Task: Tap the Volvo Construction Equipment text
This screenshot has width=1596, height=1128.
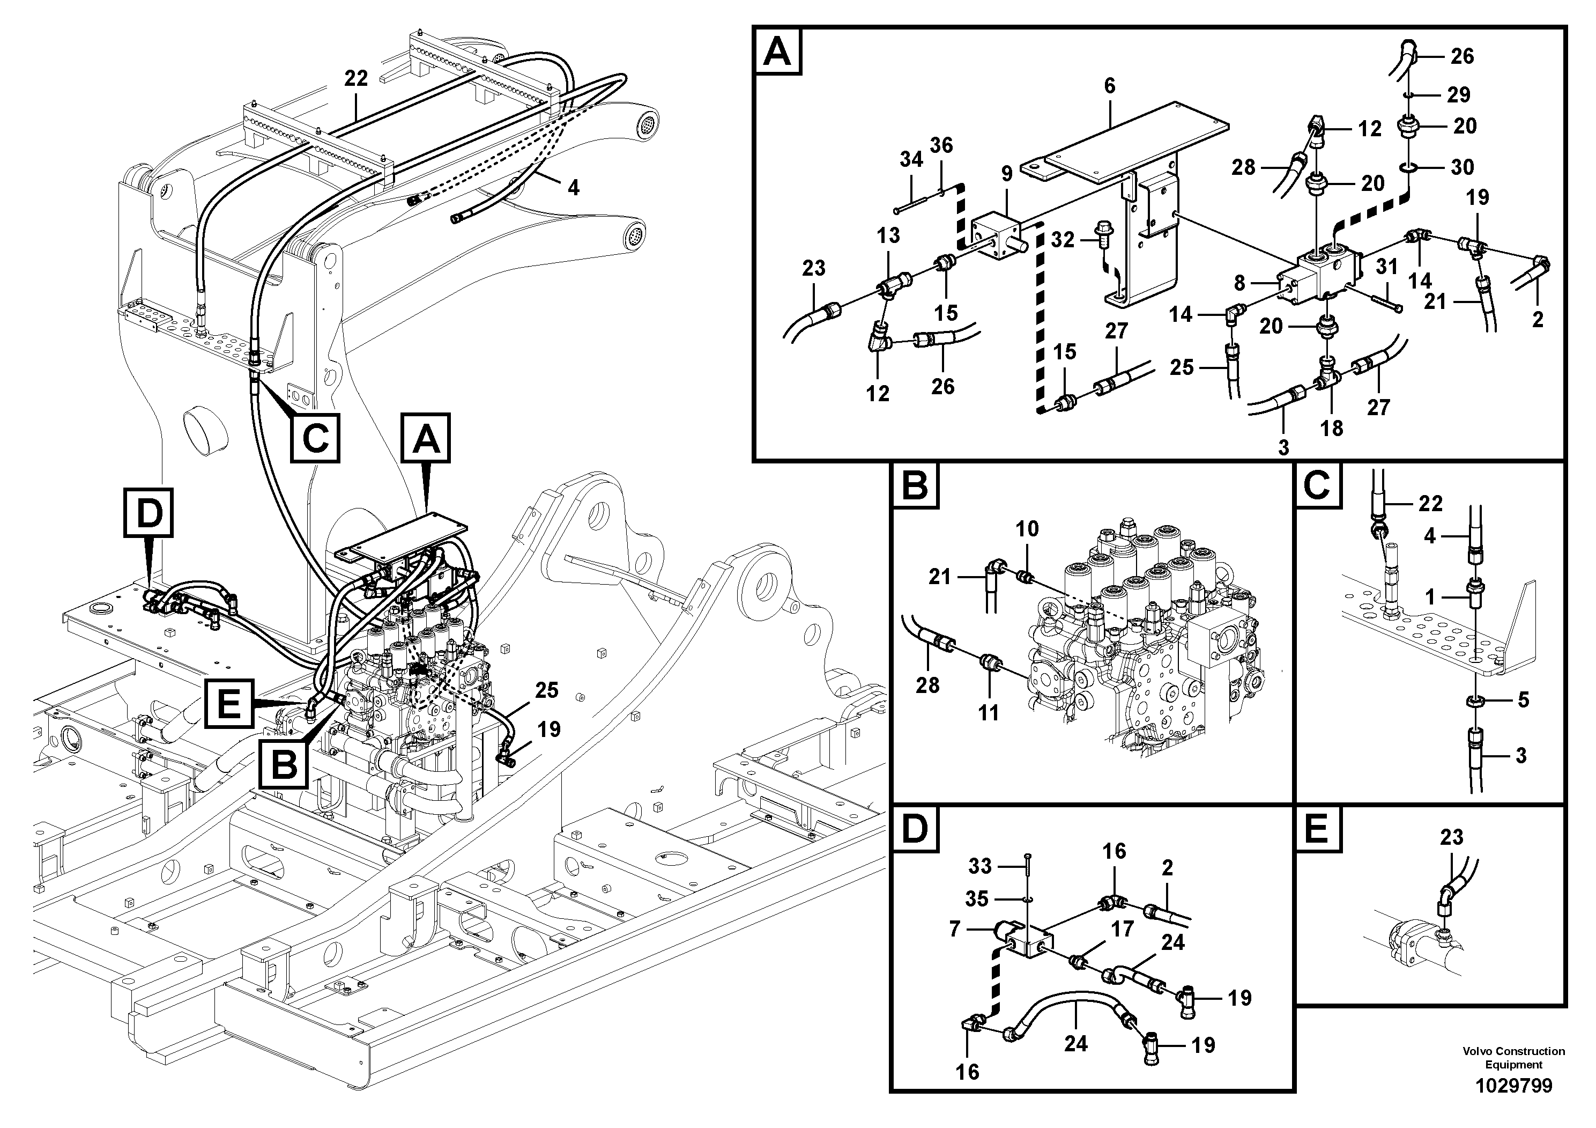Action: click(x=1513, y=1058)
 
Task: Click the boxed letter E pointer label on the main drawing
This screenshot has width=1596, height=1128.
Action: click(x=229, y=704)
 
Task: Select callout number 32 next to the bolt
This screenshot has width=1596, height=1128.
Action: click(x=1063, y=240)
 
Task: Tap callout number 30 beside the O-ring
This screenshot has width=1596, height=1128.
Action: click(x=1463, y=167)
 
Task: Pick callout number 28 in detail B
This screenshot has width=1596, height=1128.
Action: click(x=927, y=685)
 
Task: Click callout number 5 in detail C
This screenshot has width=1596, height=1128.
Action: click(x=1523, y=699)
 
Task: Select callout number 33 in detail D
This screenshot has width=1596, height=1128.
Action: click(x=980, y=866)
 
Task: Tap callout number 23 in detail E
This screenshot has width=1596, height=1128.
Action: click(x=1451, y=837)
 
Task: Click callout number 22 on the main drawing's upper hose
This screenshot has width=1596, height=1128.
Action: click(x=356, y=79)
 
